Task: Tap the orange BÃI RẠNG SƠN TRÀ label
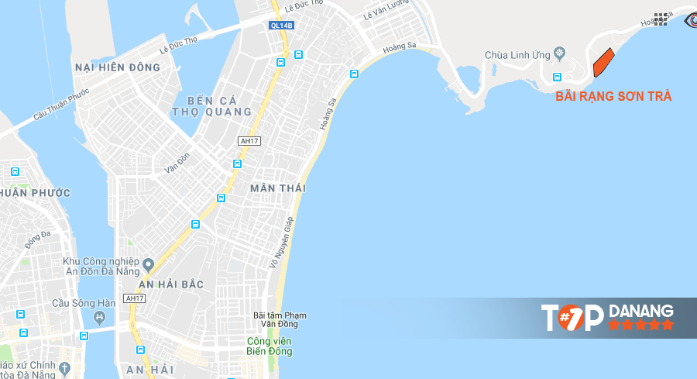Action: [x=613, y=97]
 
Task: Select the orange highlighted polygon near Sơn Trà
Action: [x=603, y=62]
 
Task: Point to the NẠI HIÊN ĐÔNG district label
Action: [x=118, y=67]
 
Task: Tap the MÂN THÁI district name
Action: [x=278, y=188]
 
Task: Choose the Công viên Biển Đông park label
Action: [x=270, y=346]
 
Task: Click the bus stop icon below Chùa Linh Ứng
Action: [x=557, y=76]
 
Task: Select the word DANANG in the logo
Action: [x=641, y=311]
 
